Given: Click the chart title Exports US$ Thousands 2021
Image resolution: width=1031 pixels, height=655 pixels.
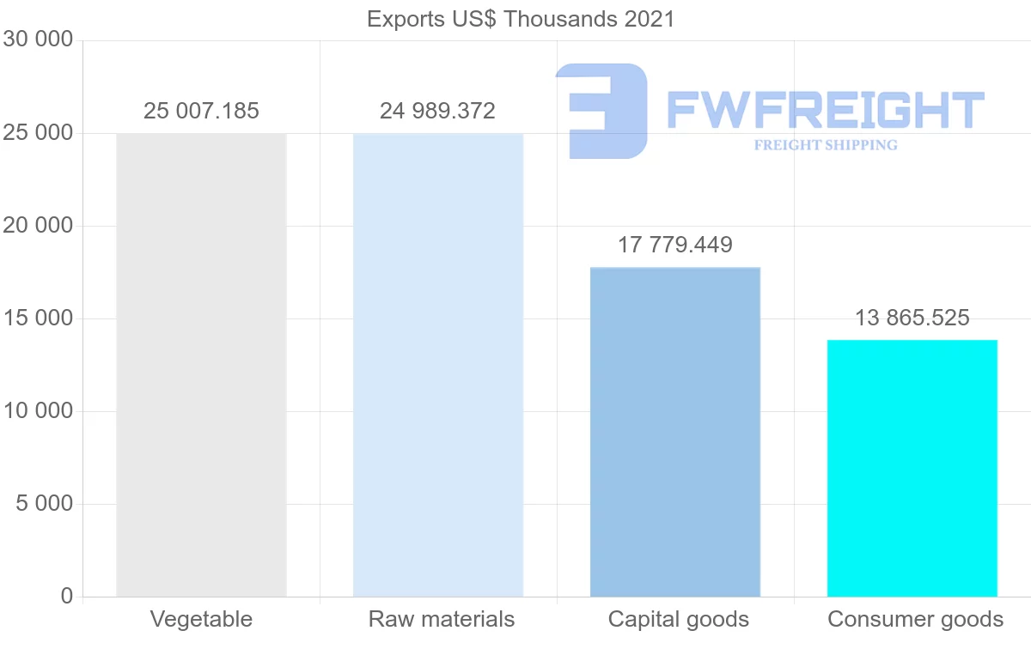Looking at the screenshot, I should tap(521, 19).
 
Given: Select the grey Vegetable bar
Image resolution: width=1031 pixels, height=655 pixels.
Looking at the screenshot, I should tap(201, 365).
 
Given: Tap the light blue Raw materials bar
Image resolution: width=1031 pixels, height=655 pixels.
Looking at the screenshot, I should tap(438, 365).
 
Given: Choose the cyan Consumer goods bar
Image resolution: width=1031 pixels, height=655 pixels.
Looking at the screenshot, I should tap(912, 468).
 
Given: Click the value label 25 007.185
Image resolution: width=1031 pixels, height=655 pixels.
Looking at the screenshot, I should tap(201, 111).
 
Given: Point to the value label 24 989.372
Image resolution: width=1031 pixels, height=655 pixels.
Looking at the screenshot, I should tap(438, 111).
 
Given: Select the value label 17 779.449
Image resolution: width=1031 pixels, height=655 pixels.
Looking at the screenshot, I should tap(675, 245).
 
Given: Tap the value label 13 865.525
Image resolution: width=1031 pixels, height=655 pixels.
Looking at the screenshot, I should tap(912, 318).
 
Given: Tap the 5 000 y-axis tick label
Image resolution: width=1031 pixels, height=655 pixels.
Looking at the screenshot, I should tap(45, 504).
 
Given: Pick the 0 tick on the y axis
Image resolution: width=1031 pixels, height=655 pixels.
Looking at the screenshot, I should tap(67, 597).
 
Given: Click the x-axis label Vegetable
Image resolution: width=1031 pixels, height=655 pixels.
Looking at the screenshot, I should tap(201, 619).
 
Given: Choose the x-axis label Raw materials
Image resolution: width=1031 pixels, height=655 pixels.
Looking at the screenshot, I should tap(442, 619).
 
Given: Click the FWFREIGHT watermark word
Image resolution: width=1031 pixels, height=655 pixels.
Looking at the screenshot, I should tap(825, 110).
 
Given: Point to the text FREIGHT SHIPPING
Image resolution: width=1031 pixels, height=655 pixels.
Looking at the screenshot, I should tap(826, 145).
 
